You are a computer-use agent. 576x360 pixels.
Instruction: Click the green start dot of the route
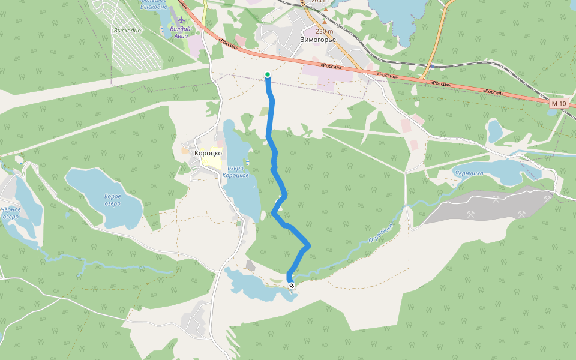tap(268, 74)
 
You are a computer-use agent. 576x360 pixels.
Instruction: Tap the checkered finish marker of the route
tap(292, 286)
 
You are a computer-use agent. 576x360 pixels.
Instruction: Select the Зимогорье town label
tap(318, 41)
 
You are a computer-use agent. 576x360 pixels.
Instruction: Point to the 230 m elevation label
tap(324, 31)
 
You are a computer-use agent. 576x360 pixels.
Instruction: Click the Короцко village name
tap(208, 153)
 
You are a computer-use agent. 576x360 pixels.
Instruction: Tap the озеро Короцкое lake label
tap(235, 172)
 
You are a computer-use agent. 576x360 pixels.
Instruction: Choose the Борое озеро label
tap(112, 200)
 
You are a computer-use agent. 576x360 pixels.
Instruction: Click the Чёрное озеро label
tap(11, 213)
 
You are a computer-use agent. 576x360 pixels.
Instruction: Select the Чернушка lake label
tap(469, 173)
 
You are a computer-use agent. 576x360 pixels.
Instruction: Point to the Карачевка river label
tap(380, 234)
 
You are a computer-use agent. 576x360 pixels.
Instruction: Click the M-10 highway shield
tap(558, 104)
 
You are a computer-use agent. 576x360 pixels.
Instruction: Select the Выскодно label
tap(127, 30)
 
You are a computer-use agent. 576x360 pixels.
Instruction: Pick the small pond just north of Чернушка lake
tap(495, 131)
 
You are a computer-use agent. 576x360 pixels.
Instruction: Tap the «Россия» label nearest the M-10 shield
tap(493, 92)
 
